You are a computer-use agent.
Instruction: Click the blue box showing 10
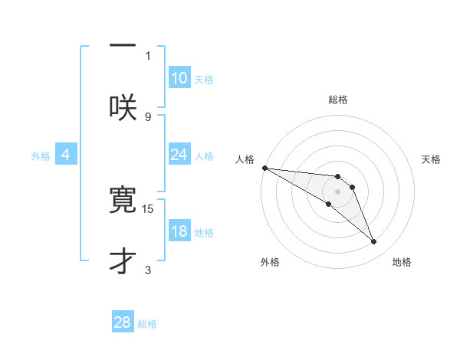(x=179, y=78)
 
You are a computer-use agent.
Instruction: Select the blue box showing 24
(x=179, y=155)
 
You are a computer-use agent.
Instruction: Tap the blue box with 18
(x=179, y=231)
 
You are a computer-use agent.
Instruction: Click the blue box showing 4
(x=66, y=155)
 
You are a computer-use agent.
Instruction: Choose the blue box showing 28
(x=123, y=322)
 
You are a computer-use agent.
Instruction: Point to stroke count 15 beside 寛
(x=149, y=208)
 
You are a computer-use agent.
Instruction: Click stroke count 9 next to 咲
(x=148, y=116)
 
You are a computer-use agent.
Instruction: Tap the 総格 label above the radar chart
(x=338, y=100)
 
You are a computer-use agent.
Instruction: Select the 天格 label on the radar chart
(x=432, y=159)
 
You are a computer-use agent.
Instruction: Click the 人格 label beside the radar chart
(x=244, y=159)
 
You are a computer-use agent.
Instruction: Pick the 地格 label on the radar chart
(x=402, y=262)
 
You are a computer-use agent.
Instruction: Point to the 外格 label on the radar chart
(x=270, y=262)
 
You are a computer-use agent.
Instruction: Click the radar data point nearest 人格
(x=264, y=168)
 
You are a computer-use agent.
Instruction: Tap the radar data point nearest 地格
(x=373, y=242)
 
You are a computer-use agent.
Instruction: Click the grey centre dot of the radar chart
(x=337, y=191)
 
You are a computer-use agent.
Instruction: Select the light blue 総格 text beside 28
(x=147, y=324)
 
